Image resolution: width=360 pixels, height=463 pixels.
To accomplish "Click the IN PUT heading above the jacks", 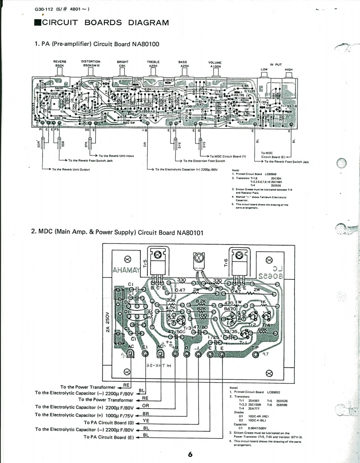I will (x=275, y=64).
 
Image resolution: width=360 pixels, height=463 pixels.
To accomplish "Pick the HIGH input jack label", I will (x=288, y=70).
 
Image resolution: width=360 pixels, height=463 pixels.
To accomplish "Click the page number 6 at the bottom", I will (x=190, y=454).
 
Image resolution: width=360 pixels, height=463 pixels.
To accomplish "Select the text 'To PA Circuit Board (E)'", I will (x=109, y=437).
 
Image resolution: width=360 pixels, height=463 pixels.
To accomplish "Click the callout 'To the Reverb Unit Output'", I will (x=70, y=169).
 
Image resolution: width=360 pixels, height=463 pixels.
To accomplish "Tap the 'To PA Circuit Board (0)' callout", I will (x=109, y=422).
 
